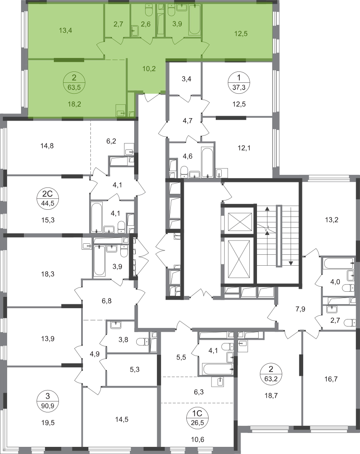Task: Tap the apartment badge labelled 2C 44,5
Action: coord(46,198)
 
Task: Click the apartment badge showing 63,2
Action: coord(270,374)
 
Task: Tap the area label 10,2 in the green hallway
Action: coord(149,69)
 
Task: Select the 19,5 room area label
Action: coord(48,423)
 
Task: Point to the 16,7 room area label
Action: coord(331,379)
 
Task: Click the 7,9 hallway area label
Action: coord(300,309)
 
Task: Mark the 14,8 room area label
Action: coord(47,146)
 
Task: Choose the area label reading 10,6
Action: coord(198,440)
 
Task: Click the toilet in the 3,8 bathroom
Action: coord(142,342)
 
